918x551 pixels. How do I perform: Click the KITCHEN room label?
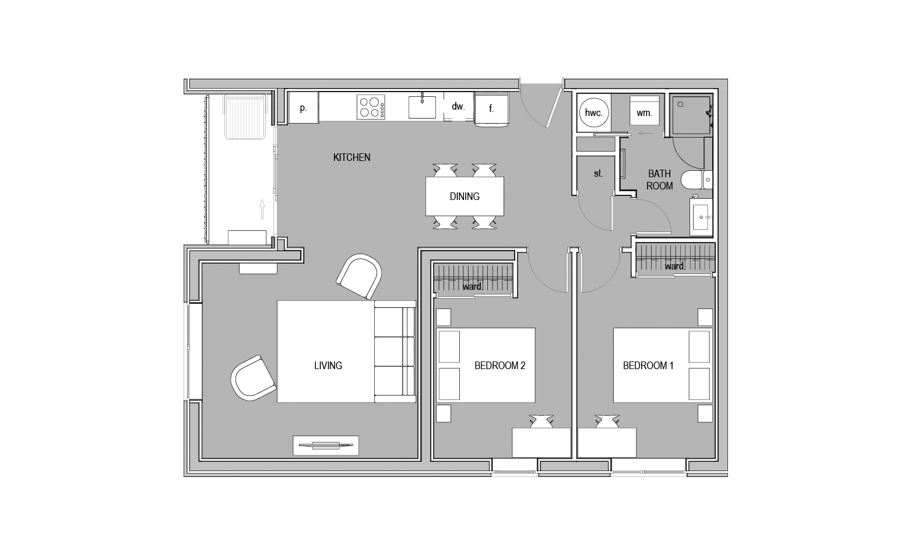[x=351, y=157]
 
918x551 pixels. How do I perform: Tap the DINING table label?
[x=465, y=196]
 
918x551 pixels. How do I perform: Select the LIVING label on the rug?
[x=328, y=365]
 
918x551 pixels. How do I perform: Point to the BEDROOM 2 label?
[x=500, y=365]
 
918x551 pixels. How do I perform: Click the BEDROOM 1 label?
[x=648, y=365]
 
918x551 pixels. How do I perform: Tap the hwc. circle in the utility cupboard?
[x=593, y=113]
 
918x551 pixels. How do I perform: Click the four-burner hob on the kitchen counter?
[x=371, y=107]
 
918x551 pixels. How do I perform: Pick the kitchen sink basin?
[x=422, y=107]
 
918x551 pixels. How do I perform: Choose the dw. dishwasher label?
[x=458, y=107]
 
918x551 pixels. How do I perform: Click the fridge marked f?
[x=491, y=108]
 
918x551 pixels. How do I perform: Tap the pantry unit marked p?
[x=303, y=107]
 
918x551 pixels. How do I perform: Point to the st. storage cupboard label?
[x=598, y=173]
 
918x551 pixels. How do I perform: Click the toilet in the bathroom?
[x=697, y=180]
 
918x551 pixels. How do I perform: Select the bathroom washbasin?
[x=701, y=217]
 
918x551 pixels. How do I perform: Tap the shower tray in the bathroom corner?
[x=691, y=115]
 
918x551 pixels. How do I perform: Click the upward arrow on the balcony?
[x=262, y=209]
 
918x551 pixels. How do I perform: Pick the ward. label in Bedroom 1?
[x=675, y=266]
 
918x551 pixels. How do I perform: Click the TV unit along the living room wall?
[x=326, y=445]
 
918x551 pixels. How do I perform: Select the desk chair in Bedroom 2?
[x=541, y=422]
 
